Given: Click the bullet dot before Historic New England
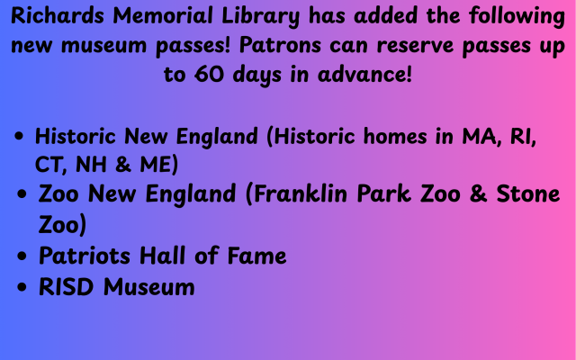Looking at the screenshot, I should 20,138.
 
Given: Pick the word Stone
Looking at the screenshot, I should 526,194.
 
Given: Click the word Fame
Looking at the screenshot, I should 253,256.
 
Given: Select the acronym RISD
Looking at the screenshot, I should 68,287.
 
